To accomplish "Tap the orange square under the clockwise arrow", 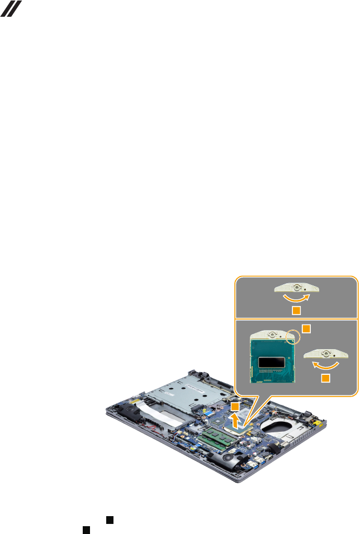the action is pyautogui.click(x=297, y=310).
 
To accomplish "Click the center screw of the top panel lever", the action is pyautogui.click(x=297, y=288).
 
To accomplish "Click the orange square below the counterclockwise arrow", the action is pyautogui.click(x=325, y=379).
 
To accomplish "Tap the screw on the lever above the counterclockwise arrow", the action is pyautogui.click(x=325, y=354).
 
